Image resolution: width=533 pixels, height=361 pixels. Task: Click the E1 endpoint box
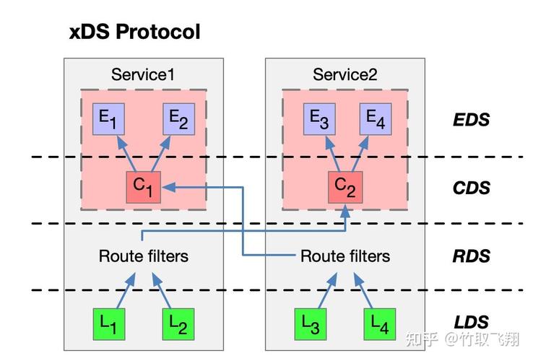pyautogui.click(x=108, y=119)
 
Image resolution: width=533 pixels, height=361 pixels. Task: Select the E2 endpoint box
pyautogui.click(x=179, y=119)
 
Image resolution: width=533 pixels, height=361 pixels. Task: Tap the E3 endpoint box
pyautogui.click(x=319, y=119)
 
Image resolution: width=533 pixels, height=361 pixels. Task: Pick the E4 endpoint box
pyautogui.click(x=376, y=119)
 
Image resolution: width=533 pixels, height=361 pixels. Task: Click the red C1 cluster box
pyautogui.click(x=144, y=187)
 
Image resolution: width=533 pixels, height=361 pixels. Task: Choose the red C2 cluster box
pyautogui.click(x=345, y=187)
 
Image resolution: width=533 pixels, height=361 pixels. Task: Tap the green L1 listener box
pyautogui.click(x=109, y=324)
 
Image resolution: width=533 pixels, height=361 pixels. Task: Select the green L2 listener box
pyautogui.click(x=178, y=324)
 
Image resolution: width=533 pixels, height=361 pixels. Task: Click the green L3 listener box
pyautogui.click(x=311, y=324)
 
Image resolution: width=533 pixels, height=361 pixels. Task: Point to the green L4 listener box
pyautogui.click(x=380, y=324)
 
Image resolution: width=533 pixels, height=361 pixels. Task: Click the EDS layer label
pyautogui.click(x=471, y=120)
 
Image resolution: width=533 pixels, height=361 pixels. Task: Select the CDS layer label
pyautogui.click(x=472, y=188)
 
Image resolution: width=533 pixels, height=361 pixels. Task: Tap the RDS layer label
pyautogui.click(x=472, y=256)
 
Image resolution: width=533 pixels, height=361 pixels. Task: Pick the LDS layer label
pyautogui.click(x=472, y=322)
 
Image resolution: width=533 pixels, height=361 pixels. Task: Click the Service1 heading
pyautogui.click(x=143, y=74)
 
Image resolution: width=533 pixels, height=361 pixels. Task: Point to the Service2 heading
pyautogui.click(x=345, y=74)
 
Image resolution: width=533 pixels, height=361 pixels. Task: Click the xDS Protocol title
pyautogui.click(x=134, y=32)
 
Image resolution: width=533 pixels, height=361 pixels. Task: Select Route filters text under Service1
pyautogui.click(x=144, y=256)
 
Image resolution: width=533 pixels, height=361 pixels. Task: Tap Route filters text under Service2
pyautogui.click(x=345, y=256)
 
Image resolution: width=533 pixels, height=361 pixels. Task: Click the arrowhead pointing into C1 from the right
pyautogui.click(x=168, y=187)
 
